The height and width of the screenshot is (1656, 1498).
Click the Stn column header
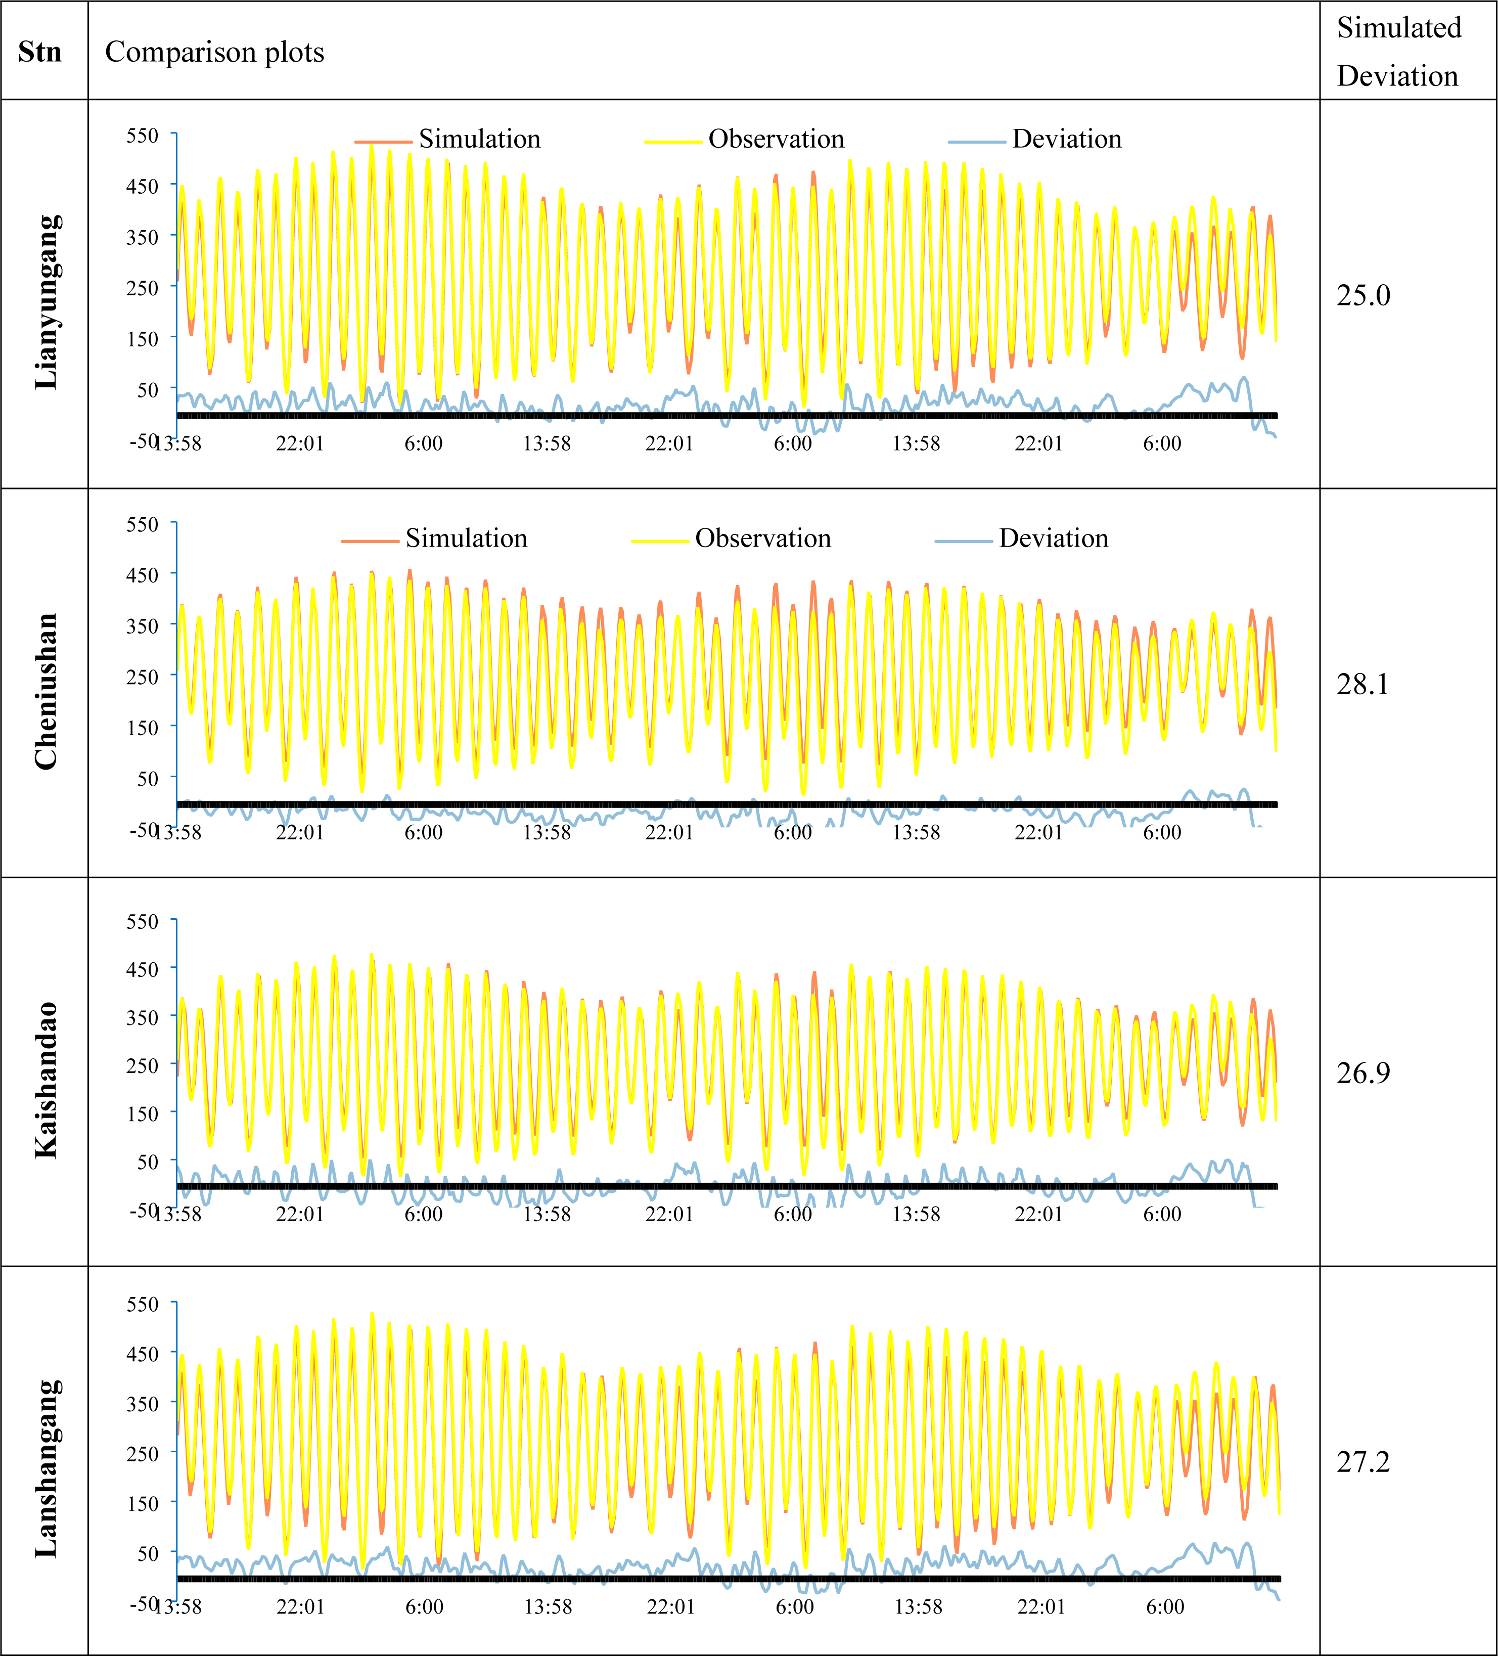pyautogui.click(x=39, y=52)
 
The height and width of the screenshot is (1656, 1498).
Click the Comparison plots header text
pyautogui.click(x=214, y=52)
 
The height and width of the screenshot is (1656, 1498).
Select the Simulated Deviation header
pyautogui.click(x=1398, y=52)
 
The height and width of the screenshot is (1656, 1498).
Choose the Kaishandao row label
pyautogui.click(x=47, y=1080)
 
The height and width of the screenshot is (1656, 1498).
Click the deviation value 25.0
pyautogui.click(x=1364, y=295)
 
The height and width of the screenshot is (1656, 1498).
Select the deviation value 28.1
pyautogui.click(x=1363, y=684)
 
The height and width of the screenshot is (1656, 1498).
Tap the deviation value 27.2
pyautogui.click(x=1364, y=1461)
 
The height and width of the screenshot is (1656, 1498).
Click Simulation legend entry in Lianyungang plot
pyautogui.click(x=479, y=139)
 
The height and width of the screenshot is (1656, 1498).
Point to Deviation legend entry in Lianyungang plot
pyautogui.click(x=1066, y=139)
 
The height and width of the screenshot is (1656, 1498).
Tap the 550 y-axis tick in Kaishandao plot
pyautogui.click(x=142, y=922)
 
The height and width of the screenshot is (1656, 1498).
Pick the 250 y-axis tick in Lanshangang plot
pyautogui.click(x=142, y=1454)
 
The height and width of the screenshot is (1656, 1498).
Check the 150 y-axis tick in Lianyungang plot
pyautogui.click(x=142, y=338)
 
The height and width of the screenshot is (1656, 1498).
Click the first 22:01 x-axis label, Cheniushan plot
pyautogui.click(x=300, y=832)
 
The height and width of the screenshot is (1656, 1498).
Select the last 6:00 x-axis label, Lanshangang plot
pyautogui.click(x=1164, y=1607)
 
